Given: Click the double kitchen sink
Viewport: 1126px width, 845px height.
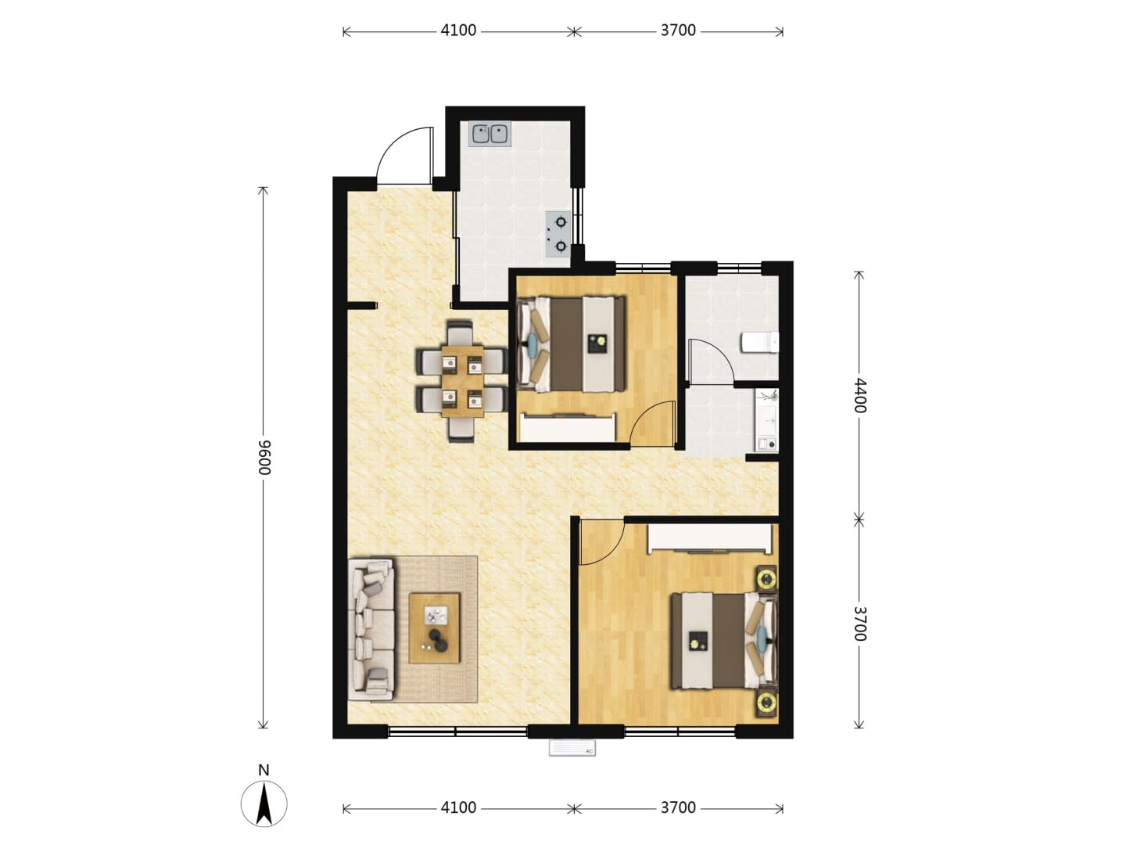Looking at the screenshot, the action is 489,134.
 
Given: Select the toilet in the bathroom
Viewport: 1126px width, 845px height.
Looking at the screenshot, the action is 760,343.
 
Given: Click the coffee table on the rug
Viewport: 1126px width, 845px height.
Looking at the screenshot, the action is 434,628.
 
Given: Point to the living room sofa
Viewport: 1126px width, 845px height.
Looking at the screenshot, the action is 371,630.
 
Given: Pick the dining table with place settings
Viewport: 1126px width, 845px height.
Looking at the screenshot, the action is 462,380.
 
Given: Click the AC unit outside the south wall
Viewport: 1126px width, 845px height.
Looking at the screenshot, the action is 572,747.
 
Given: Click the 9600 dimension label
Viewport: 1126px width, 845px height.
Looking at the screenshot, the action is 264,458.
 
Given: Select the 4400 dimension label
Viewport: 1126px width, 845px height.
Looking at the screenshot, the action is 859,396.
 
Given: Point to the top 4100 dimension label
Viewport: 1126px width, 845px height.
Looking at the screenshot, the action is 458,31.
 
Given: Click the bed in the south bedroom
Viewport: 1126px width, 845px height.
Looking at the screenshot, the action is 725,640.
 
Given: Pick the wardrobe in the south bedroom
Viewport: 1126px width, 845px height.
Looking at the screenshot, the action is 710,538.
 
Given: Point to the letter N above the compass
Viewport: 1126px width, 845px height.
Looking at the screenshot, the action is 264,770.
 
